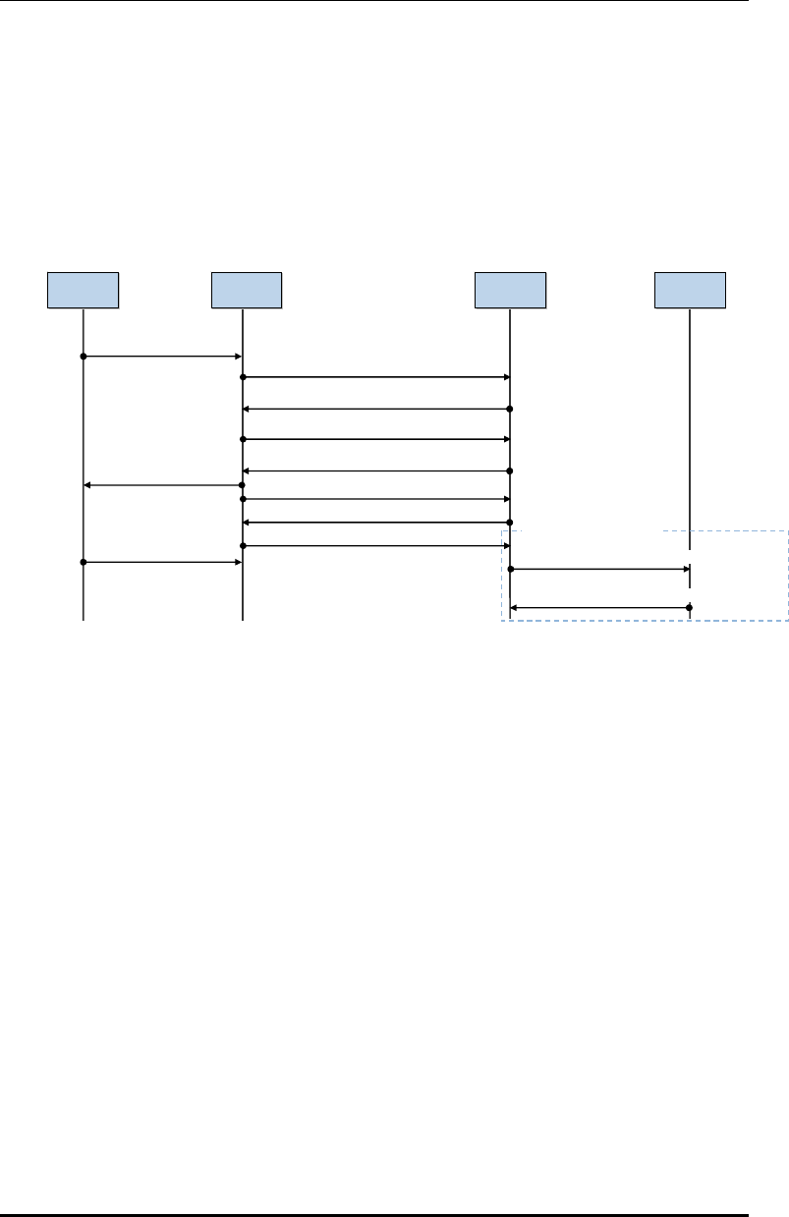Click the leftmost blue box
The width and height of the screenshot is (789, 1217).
[84, 291]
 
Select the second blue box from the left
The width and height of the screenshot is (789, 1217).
[247, 291]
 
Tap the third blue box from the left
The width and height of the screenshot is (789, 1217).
[510, 291]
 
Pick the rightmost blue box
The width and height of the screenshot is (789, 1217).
[691, 291]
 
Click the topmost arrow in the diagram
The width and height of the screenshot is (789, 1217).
[162, 357]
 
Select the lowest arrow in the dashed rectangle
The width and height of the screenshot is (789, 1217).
[599, 608]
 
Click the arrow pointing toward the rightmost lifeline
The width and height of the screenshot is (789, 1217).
[599, 569]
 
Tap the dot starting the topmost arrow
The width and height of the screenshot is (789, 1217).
[84, 357]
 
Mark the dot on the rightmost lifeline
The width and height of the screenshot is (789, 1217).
[690, 608]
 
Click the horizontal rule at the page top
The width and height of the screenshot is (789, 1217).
[374, 2]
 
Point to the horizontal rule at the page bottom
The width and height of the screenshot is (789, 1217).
[374, 1214]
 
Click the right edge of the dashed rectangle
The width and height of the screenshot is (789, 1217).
[788, 576]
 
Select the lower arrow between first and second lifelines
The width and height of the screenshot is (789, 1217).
[162, 563]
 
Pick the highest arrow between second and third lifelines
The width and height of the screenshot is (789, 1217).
[375, 377]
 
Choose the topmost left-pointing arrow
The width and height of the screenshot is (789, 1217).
[375, 409]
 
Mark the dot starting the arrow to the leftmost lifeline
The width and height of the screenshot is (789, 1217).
[242, 485]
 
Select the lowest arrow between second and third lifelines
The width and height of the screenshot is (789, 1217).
[375, 545]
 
